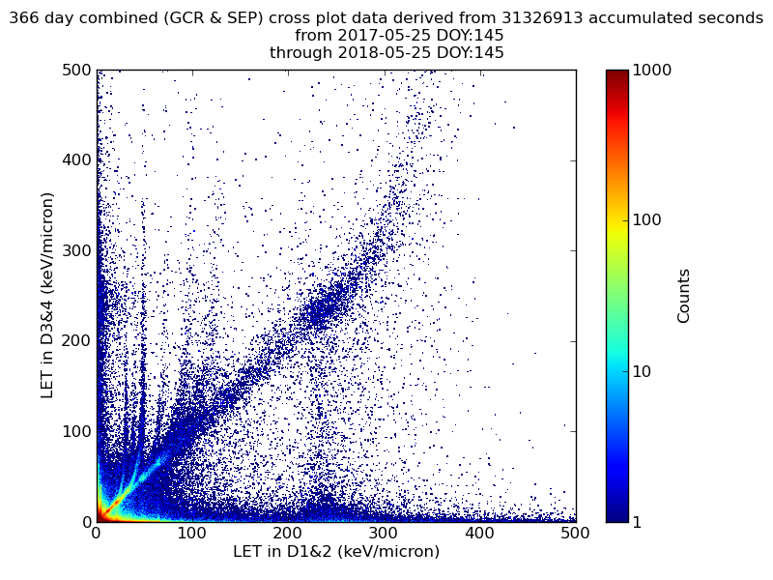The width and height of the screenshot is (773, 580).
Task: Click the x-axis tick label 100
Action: (x=191, y=533)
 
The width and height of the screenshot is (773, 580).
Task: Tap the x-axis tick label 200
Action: (x=288, y=533)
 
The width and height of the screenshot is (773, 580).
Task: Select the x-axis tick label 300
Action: (x=384, y=533)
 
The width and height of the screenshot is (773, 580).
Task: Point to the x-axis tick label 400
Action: (x=479, y=533)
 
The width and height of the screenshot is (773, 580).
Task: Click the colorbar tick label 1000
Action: (x=652, y=71)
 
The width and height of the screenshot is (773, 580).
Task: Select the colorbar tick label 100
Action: (x=648, y=220)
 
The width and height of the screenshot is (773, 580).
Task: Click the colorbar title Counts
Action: (x=684, y=296)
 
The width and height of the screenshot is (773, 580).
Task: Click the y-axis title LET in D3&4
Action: (x=46, y=296)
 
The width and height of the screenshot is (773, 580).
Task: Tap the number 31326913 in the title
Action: (x=542, y=18)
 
